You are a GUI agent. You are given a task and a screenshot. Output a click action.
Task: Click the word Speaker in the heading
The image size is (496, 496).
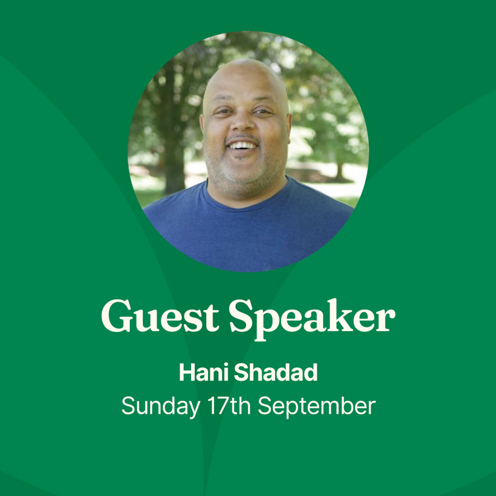pyautogui.click(x=312, y=320)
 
